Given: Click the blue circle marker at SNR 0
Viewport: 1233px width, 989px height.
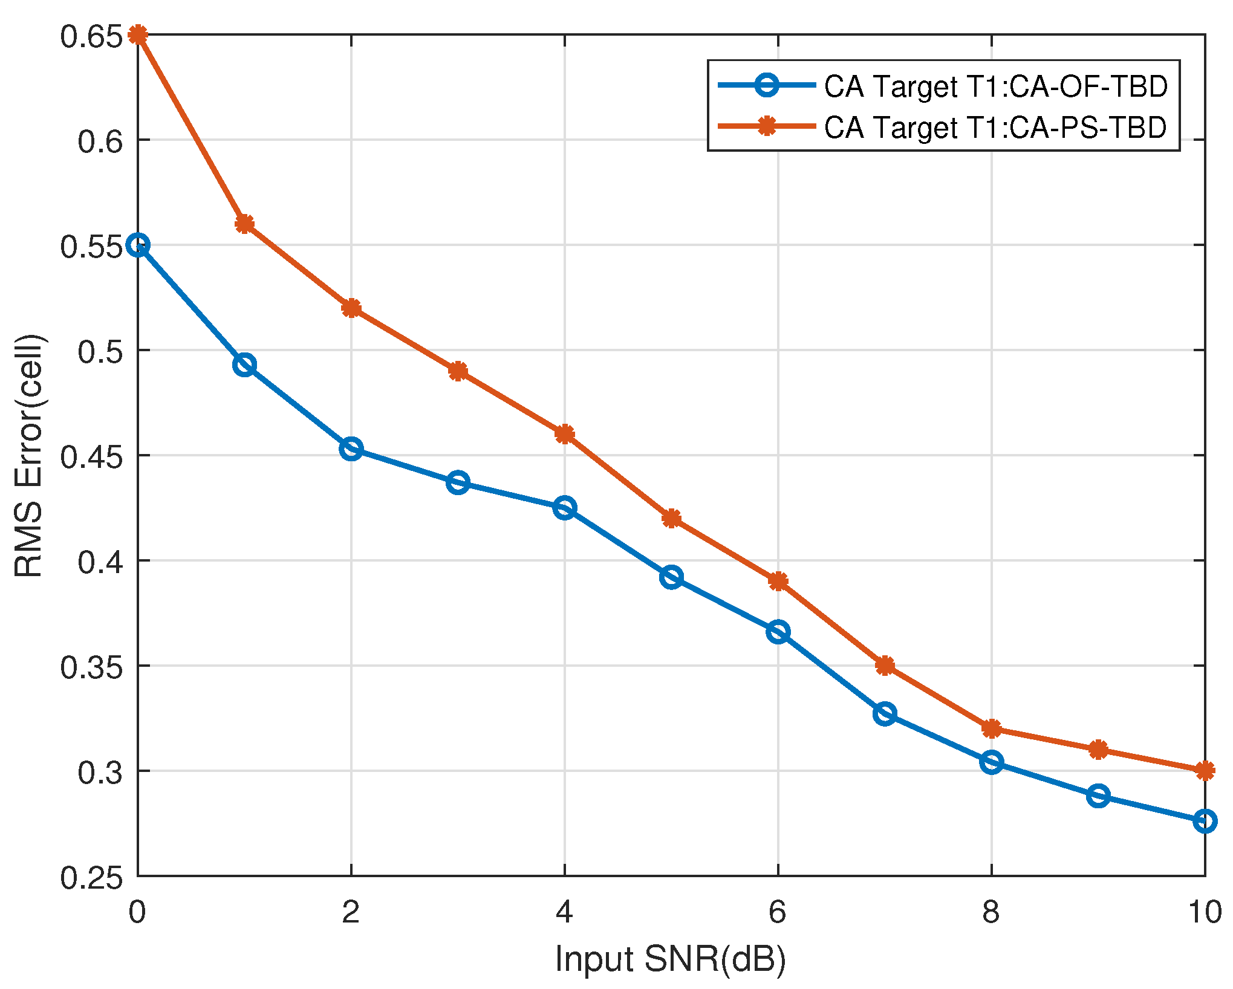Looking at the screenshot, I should tap(138, 245).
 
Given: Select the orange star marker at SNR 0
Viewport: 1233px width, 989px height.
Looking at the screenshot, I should tap(138, 34).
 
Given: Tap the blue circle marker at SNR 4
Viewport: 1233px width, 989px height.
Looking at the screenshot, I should tap(564, 508).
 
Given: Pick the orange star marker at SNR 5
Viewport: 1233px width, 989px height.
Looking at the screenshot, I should tap(671, 518).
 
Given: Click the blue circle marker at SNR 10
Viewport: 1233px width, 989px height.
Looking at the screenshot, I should tap(1205, 821).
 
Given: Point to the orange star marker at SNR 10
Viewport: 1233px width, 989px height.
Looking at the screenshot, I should tap(1205, 771).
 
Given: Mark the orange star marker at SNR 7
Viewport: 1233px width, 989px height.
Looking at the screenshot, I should tap(885, 666).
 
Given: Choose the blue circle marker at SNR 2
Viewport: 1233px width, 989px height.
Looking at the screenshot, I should tap(351, 449).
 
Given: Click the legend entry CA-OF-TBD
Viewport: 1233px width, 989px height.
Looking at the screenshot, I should tap(995, 86).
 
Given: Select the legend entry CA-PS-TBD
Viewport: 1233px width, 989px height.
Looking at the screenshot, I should tap(995, 127).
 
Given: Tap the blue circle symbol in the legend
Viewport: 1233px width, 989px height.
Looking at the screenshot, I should tap(767, 85).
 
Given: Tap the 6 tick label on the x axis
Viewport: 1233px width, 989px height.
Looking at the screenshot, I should tap(777, 912).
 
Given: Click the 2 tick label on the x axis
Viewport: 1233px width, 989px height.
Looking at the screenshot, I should tap(351, 912).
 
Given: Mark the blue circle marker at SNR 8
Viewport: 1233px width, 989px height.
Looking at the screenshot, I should tap(991, 762).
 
